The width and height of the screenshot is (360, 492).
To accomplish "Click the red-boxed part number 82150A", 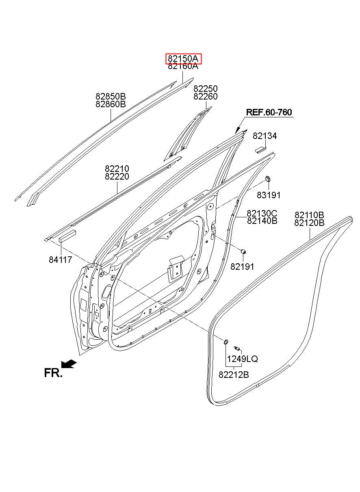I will pos(183,59).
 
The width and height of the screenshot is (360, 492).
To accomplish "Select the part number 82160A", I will pos(183,67).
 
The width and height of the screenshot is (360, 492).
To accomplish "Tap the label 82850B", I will pos(111,97).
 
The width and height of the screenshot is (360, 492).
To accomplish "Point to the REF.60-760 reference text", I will pos(269,113).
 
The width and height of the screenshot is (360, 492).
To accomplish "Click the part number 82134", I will pos(265,136).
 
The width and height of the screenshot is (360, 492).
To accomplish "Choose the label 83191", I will pos(269,195).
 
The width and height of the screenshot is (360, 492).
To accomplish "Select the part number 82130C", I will pos(262,213).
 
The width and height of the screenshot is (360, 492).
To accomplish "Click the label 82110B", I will pos(310,215).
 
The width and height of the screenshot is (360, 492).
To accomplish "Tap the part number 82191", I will pos(242,267).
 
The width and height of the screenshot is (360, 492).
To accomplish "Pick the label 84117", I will pos(60,260).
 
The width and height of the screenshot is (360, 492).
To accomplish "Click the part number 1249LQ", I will pos(242,359).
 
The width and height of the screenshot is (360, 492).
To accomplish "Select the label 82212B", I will pos(234,375).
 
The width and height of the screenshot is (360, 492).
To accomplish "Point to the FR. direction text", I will pos(53,373).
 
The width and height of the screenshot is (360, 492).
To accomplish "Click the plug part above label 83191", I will pos(268,179).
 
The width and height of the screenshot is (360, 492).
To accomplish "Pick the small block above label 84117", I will pos(67,236).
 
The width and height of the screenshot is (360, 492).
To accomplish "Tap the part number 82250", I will pos(205,89).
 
